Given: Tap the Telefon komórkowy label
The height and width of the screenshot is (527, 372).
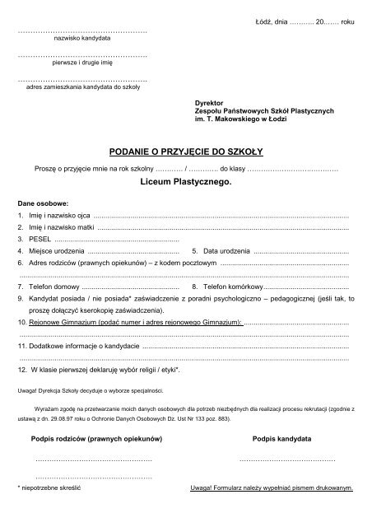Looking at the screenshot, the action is tap(231, 287).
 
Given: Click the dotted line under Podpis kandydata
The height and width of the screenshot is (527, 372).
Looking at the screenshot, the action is tap(286, 459).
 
